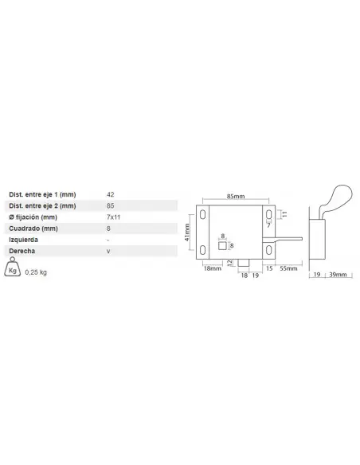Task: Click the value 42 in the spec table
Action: click(x=111, y=194)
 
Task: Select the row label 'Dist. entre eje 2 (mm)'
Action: click(x=42, y=205)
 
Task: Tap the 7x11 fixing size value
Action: click(x=113, y=217)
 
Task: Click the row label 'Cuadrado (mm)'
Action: click(x=33, y=229)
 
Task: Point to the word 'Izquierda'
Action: click(x=23, y=240)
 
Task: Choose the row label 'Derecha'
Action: click(x=22, y=251)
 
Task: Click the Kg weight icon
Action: click(x=13, y=268)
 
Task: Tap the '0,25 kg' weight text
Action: click(x=36, y=272)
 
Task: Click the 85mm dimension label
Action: click(x=236, y=197)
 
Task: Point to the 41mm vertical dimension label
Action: click(x=187, y=232)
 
